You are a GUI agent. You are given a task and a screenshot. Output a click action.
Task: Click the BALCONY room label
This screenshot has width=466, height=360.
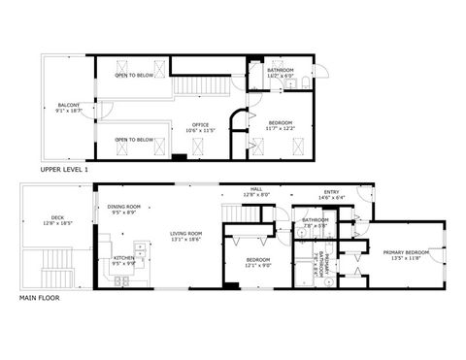click(68, 105)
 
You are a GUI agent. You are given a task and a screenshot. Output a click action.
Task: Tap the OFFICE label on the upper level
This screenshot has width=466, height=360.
click(201, 123)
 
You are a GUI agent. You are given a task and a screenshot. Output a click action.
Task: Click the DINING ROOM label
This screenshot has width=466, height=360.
click(124, 206)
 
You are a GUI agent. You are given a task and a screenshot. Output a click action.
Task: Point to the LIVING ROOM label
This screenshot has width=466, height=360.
click(186, 233)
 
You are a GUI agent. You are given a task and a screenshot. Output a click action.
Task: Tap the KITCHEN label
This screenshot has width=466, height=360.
click(124, 257)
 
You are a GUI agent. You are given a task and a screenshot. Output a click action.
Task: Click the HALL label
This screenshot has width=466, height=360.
click(256, 190)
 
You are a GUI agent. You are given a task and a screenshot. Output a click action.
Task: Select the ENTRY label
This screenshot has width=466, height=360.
click(332, 192)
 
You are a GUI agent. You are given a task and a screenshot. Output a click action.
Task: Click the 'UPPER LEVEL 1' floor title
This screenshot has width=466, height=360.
click(65, 170)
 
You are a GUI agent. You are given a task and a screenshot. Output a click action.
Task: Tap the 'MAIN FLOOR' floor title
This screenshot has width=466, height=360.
click(40, 298)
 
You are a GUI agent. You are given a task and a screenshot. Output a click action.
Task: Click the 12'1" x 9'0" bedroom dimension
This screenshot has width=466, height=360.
click(258, 265)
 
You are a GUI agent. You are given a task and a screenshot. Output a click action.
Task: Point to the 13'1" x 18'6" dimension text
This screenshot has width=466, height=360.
click(186, 239)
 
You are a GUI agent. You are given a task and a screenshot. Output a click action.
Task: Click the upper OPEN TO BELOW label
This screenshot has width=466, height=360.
click(134, 75)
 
